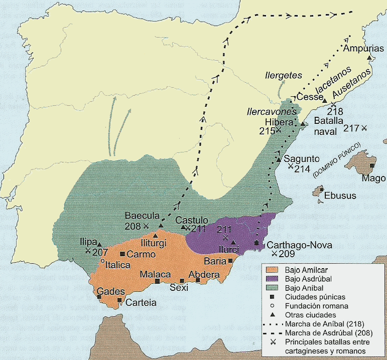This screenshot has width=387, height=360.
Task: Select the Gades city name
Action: coord(108,291)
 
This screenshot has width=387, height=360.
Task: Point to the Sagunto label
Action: coord(301,159)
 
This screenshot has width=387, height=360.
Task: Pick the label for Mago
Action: coord(375,178)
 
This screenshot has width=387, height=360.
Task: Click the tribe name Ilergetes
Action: coord(284,75)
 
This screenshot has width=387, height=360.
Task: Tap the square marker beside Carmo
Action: coord(122,254)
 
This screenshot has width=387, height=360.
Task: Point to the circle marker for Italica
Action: coord(102,261)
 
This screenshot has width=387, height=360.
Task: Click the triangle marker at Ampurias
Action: coord(370,58)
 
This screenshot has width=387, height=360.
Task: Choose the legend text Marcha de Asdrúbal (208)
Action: coord(326,332)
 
